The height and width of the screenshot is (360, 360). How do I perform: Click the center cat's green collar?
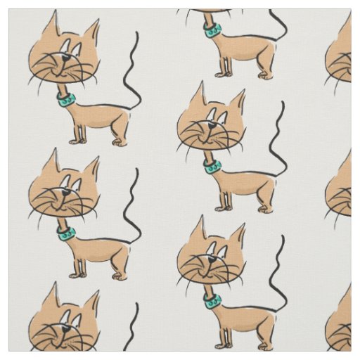coord(212,165)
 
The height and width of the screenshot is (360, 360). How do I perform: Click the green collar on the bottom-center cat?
coord(212,300)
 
